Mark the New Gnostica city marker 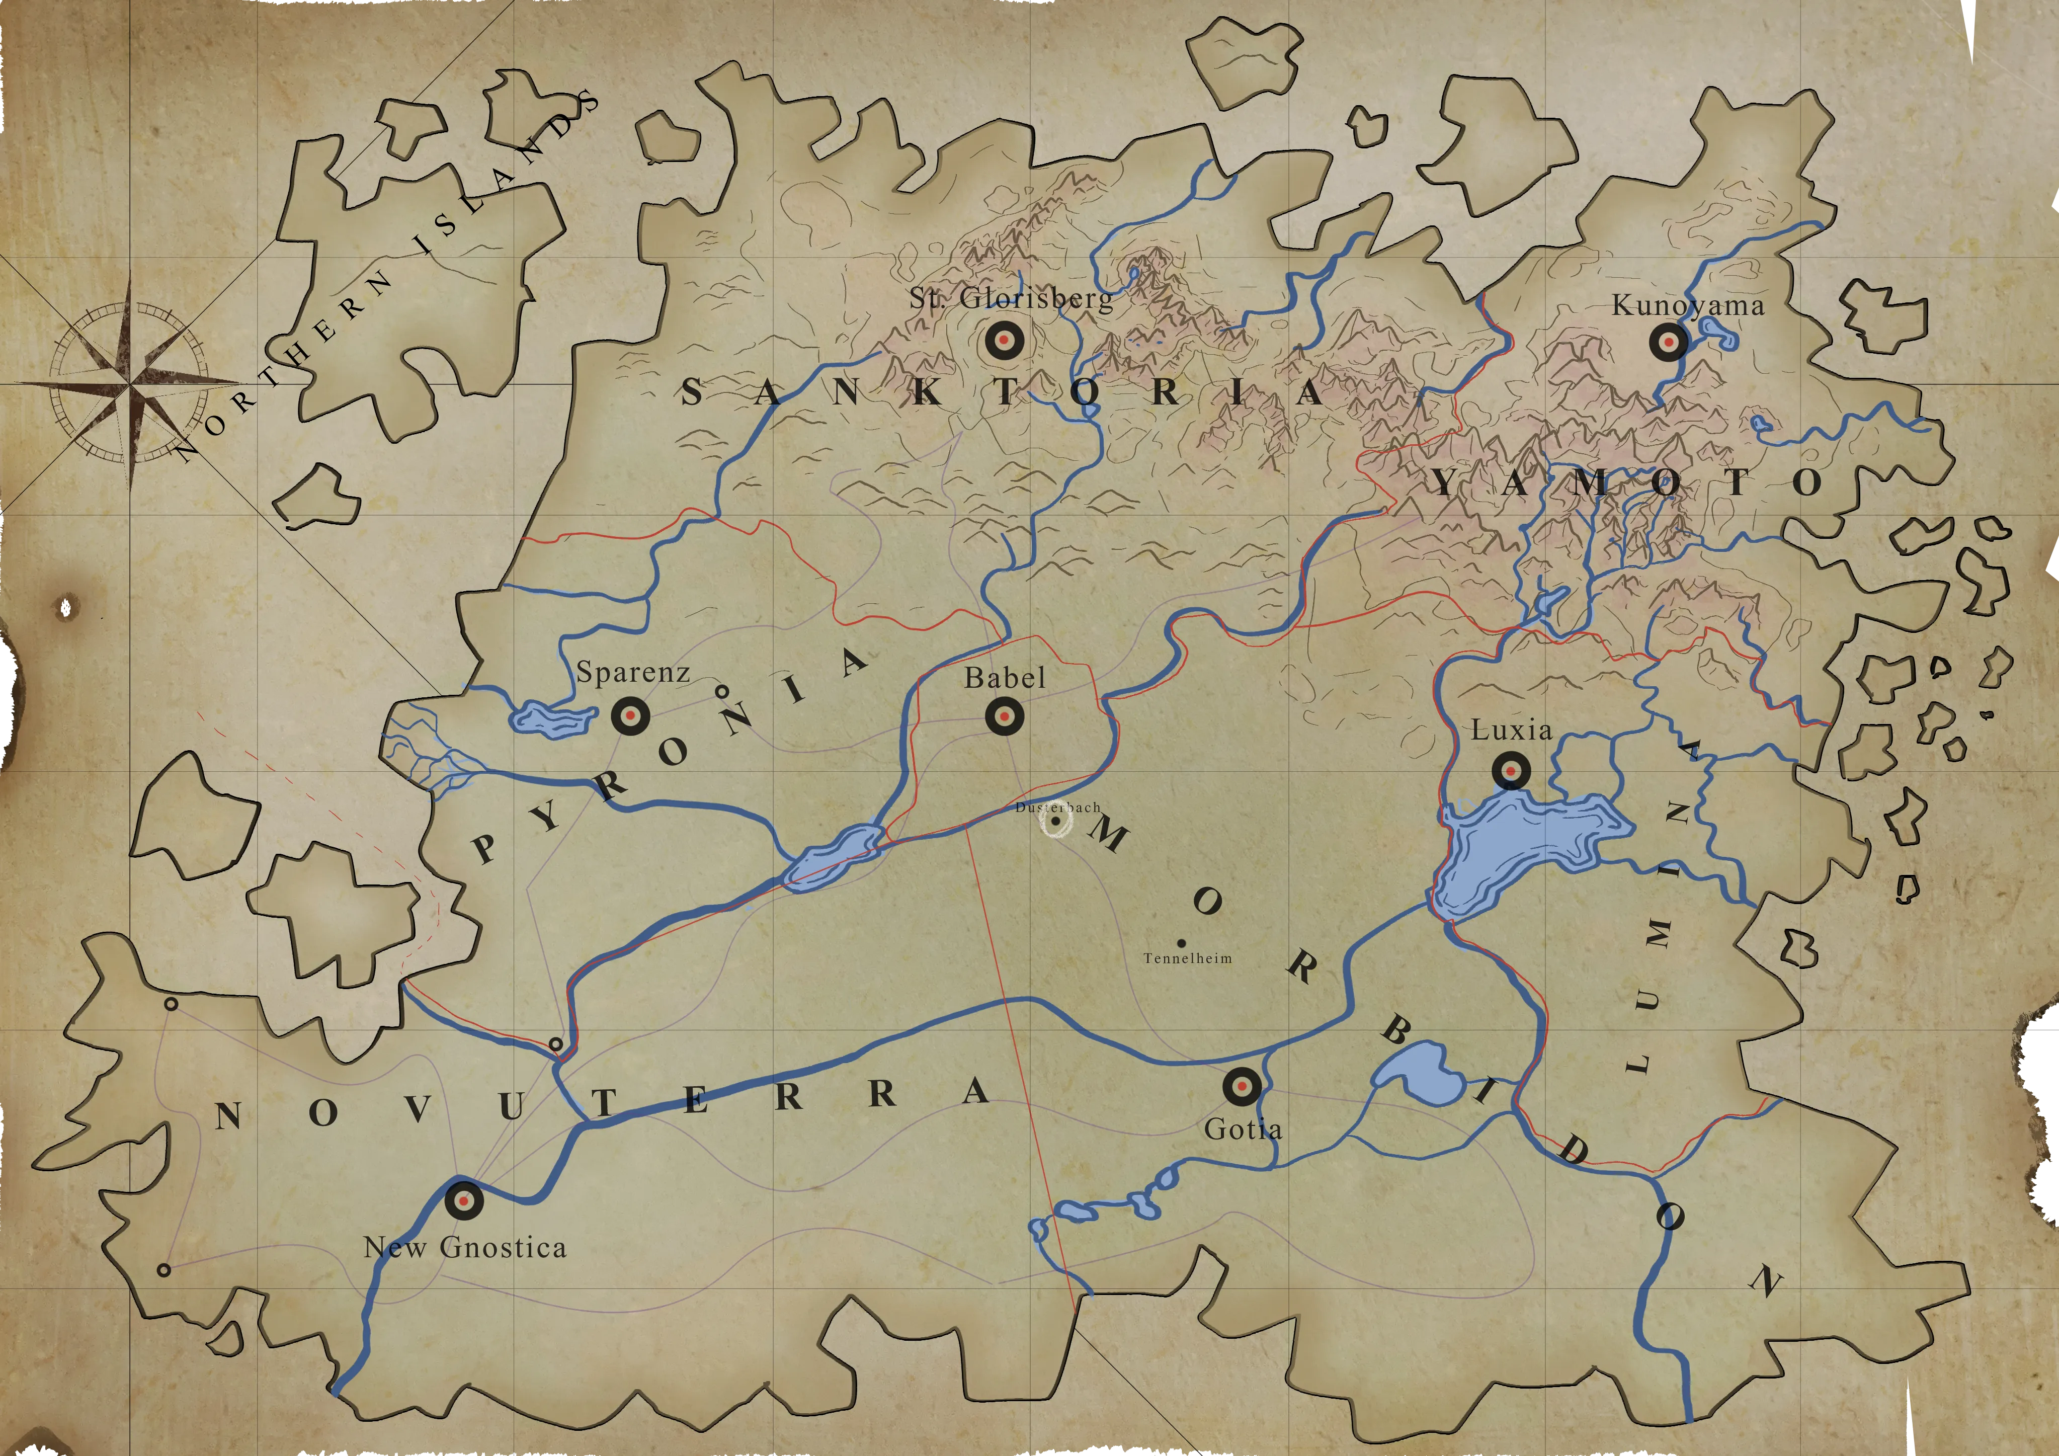tap(464, 1199)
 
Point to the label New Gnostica tap(464, 1248)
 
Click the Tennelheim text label tap(1187, 958)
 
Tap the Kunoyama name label tap(1688, 306)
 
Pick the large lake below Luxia tap(1516, 848)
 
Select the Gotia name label tap(1243, 1128)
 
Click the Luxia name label tap(1511, 730)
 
